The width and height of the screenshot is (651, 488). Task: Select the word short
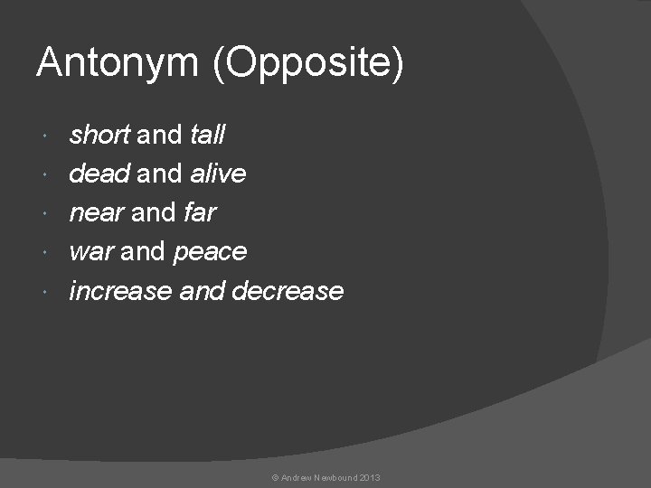(x=100, y=135)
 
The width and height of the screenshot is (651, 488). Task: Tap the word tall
(x=208, y=135)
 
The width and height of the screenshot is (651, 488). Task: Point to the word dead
(x=99, y=173)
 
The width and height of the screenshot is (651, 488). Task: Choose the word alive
(x=218, y=173)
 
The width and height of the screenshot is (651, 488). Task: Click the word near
(x=97, y=213)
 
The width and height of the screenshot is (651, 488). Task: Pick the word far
(x=200, y=212)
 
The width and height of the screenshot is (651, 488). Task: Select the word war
(x=90, y=252)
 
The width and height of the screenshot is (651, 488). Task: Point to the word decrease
(x=288, y=291)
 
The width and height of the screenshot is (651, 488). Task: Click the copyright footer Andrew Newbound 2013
(x=325, y=477)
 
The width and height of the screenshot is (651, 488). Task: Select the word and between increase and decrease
(x=203, y=291)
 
